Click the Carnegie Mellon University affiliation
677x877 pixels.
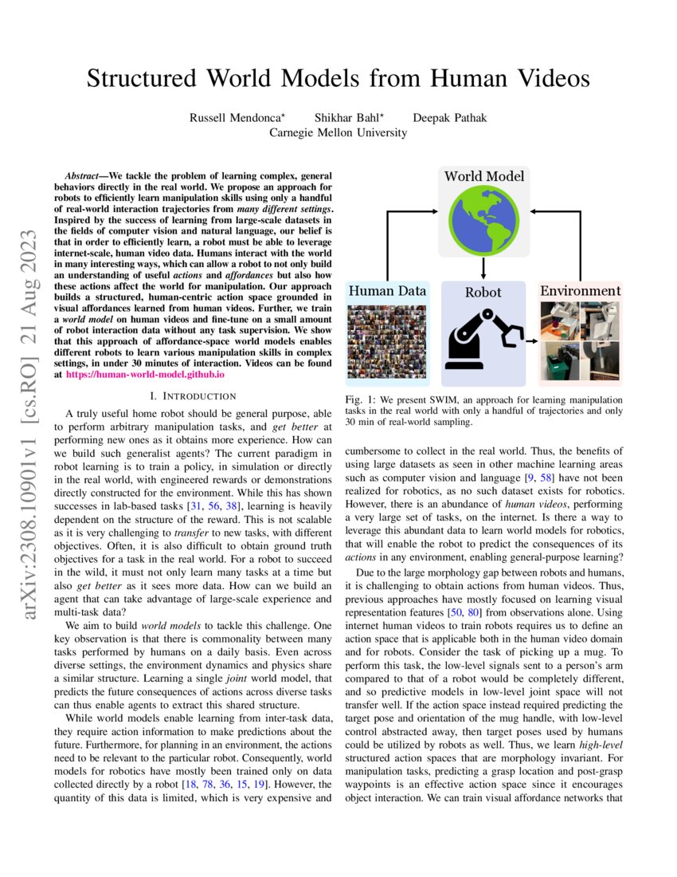click(338, 132)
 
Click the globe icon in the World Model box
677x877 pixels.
click(483, 220)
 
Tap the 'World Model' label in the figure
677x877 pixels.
click(483, 176)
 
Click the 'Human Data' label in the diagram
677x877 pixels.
click(387, 291)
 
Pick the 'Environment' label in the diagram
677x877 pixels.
click(580, 291)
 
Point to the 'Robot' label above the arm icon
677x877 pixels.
click(483, 292)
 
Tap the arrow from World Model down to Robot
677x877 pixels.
click(483, 267)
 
